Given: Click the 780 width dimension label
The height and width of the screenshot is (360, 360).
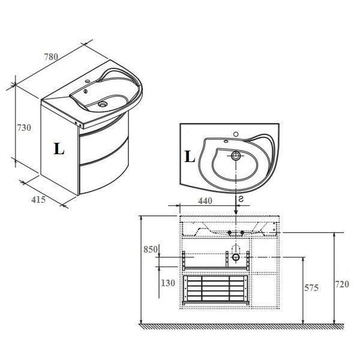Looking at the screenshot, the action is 51,56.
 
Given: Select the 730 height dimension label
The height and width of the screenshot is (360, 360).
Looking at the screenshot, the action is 24,127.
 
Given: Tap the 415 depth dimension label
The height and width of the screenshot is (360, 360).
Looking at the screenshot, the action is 38,200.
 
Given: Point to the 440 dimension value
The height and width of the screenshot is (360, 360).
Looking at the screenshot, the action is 205,201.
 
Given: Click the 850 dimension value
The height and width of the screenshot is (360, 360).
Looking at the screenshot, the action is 151,250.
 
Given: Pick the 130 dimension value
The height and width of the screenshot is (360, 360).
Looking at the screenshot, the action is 168,283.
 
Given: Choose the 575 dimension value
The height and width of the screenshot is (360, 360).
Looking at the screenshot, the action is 311,287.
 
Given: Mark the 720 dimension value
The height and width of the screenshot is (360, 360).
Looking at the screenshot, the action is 342,284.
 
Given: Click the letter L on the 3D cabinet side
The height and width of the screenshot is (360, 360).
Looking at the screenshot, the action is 59,149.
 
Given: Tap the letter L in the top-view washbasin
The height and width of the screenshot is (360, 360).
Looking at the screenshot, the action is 190,157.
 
